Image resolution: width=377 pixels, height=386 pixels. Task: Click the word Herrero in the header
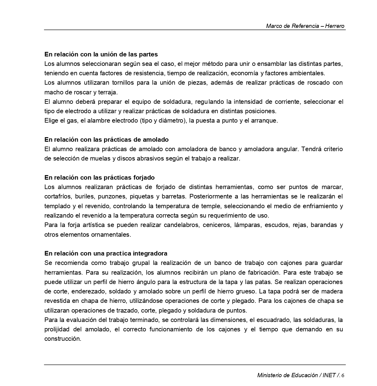coord(335,26)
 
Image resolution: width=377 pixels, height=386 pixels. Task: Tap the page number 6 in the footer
coord(343,375)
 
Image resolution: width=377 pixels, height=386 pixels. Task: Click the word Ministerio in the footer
coord(270,375)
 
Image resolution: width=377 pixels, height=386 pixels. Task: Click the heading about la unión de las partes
coord(101,55)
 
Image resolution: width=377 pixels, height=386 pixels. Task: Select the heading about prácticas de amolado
coord(106,140)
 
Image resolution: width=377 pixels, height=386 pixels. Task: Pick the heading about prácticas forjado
coord(99,178)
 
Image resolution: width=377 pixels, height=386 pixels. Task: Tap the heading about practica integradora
coord(106,253)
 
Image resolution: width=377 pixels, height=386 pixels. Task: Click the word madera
coord(332,292)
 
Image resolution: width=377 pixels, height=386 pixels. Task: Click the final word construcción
coord(63,339)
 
